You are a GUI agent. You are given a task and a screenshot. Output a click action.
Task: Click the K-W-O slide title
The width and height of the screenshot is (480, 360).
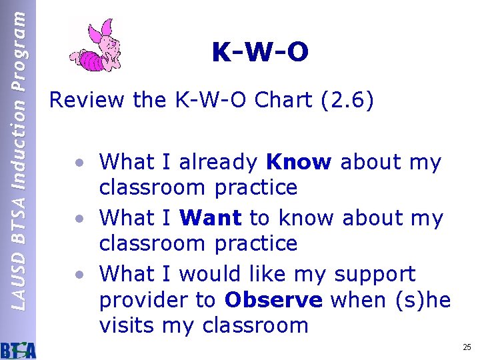(260, 53)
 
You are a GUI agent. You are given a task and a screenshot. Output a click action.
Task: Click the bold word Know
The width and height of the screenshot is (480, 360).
(298, 162)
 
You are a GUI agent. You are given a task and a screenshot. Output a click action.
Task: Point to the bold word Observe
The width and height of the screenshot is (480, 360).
(273, 300)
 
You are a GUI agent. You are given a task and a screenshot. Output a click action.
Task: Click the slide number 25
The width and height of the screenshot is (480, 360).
(466, 347)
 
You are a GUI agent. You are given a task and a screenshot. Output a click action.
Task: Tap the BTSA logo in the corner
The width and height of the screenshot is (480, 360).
(18, 349)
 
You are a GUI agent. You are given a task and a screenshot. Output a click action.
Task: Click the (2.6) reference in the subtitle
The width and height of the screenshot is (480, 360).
(347, 100)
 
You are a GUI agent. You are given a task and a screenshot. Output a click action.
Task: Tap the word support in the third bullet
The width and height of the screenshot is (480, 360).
(375, 275)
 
